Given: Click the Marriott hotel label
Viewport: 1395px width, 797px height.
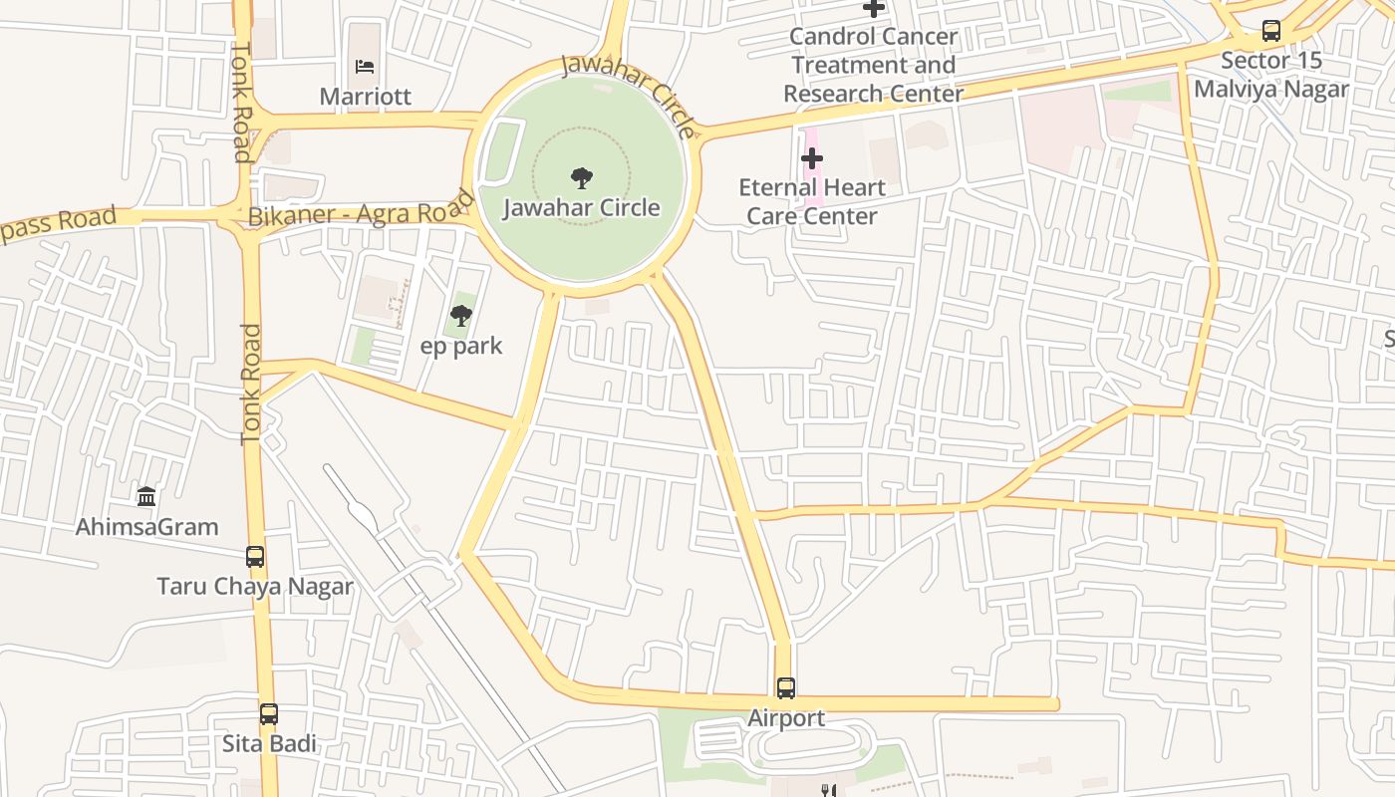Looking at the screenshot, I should point(365,97).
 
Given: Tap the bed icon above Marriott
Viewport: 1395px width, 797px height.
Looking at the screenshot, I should point(365,67).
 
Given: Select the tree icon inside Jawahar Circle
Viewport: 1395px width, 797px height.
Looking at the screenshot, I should point(582,178).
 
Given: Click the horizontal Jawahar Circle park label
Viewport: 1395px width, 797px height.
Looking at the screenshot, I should point(582,208).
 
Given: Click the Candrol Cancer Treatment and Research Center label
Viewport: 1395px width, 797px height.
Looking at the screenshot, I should point(873,65).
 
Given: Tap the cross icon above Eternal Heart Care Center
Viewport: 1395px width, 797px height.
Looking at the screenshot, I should point(812,158).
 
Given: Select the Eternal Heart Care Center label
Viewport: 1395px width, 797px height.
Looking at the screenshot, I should point(812,201).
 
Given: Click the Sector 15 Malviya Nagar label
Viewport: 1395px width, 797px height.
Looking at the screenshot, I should point(1271,75).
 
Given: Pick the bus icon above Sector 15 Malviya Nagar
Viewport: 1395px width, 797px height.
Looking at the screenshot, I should point(1271,31).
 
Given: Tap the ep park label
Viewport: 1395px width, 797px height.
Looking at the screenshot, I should point(461,347).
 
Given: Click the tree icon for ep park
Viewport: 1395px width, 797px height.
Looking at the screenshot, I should point(460,317).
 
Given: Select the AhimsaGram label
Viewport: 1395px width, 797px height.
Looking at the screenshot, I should point(147,527).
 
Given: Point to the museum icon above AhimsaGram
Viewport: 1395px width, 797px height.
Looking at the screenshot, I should point(147,496).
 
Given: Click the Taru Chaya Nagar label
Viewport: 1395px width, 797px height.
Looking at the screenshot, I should point(255,587).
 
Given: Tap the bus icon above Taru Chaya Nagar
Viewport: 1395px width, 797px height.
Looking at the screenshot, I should point(255,557).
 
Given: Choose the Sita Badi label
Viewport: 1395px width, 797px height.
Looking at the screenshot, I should point(269,744).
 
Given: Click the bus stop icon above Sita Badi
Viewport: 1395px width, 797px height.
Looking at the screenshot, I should point(269,714).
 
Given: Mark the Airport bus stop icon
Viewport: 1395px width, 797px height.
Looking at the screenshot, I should point(786,688).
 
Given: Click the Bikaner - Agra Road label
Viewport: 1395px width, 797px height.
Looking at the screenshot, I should point(359,213).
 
